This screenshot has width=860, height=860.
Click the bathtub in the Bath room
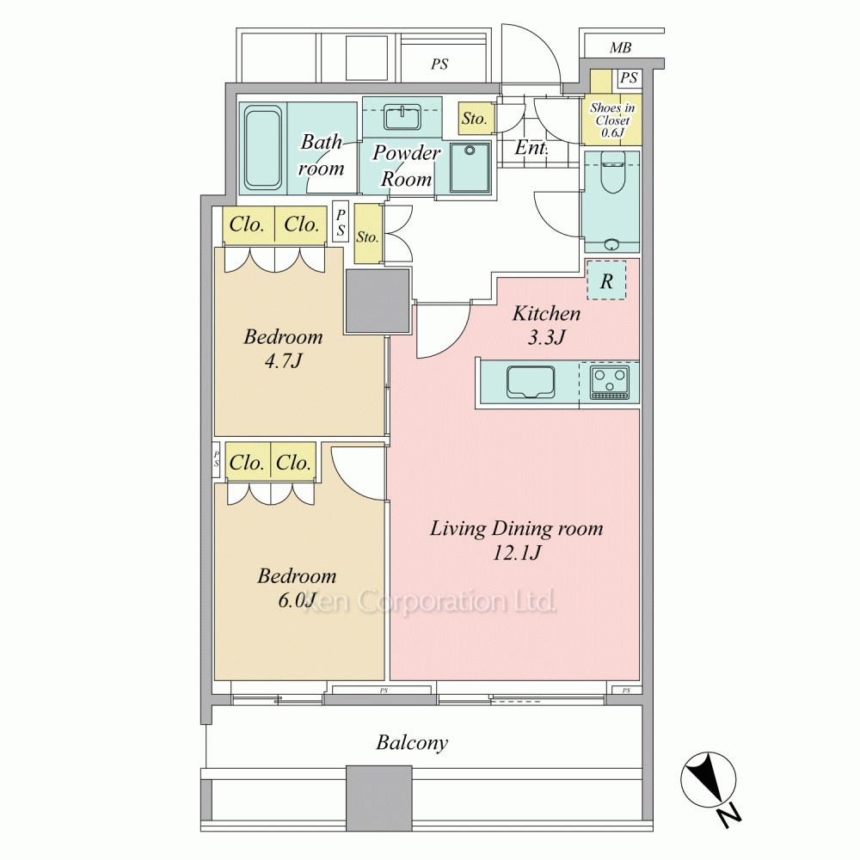(263, 148)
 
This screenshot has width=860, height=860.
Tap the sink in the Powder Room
(402, 117)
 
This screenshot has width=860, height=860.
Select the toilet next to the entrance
(611, 172)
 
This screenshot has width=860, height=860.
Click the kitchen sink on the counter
(530, 382)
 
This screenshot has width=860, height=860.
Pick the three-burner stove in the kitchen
(609, 383)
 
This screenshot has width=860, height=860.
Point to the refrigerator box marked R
(606, 280)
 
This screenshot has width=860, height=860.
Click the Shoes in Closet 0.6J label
(612, 120)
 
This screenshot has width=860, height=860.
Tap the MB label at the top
(620, 47)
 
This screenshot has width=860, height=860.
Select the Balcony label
(412, 743)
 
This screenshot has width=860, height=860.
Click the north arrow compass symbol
(708, 779)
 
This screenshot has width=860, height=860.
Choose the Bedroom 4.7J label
(283, 348)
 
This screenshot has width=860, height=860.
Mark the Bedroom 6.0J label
(297, 588)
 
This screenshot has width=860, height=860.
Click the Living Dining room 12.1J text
(516, 540)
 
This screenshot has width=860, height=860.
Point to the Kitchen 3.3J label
(546, 325)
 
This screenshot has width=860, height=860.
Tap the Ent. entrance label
(531, 147)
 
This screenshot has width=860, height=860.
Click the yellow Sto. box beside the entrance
(475, 119)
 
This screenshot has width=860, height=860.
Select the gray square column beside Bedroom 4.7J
(378, 300)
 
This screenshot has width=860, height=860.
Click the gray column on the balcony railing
(379, 799)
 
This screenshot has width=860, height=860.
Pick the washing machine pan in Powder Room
(470, 168)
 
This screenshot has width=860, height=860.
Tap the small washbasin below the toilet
(611, 244)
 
